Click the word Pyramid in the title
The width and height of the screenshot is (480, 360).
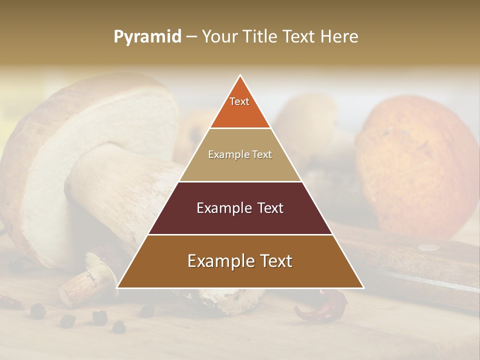coord(147,37)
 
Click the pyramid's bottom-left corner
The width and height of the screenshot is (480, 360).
coord(118,287)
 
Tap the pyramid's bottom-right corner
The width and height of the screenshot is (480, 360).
coord(362,287)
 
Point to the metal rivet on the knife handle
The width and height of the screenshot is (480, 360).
coord(428,246)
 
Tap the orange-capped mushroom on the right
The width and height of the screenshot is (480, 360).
coord(420,160)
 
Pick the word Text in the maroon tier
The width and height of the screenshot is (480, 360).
coord(270,208)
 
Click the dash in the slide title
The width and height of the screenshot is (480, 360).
coord(191,37)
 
